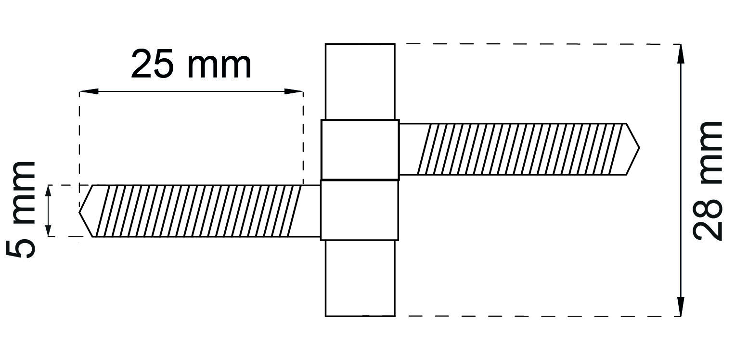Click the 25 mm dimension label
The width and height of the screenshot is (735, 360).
pyautogui.click(x=191, y=64)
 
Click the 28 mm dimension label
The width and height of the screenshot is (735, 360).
pyautogui.click(x=709, y=180)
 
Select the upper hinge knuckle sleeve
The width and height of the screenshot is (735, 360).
pyautogui.click(x=360, y=149)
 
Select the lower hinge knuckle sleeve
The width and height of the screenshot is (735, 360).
pyautogui.click(x=360, y=210)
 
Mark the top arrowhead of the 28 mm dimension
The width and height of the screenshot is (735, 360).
pyautogui.click(x=680, y=53)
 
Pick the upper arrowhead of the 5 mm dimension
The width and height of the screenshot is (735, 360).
pyautogui.click(x=48, y=192)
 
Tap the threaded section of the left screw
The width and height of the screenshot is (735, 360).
pyautogui.click(x=197, y=211)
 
